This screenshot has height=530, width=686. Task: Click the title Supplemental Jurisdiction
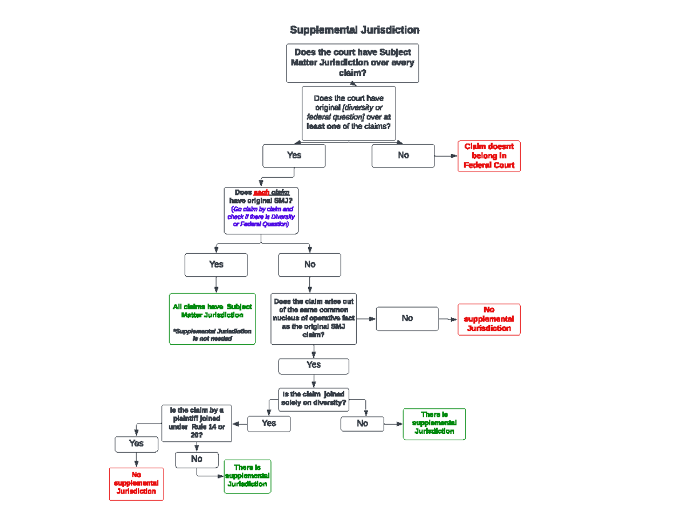(354, 30)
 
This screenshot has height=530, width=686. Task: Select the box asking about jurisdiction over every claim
(352, 63)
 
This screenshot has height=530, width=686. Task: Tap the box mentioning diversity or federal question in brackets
(349, 113)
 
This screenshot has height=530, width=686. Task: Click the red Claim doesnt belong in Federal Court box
(489, 156)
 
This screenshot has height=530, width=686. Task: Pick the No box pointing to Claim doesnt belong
(403, 156)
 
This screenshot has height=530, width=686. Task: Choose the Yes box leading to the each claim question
(294, 156)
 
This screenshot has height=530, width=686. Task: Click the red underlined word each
(261, 192)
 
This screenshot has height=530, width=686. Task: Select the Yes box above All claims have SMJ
(216, 265)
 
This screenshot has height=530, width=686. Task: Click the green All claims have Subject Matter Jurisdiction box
(212, 311)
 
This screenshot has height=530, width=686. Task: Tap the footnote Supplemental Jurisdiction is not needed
(212, 334)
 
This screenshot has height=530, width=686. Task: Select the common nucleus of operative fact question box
(313, 318)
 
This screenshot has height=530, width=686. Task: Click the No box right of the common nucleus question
(407, 318)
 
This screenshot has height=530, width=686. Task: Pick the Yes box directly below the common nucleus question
(313, 365)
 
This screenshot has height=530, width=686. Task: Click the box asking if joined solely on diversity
(313, 398)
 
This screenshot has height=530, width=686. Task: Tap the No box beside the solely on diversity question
(362, 424)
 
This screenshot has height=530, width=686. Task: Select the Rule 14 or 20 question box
(197, 423)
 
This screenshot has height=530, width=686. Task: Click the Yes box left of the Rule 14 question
(136, 444)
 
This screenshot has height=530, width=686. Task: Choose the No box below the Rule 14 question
(197, 459)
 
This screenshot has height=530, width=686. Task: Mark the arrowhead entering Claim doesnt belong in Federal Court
(454, 156)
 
